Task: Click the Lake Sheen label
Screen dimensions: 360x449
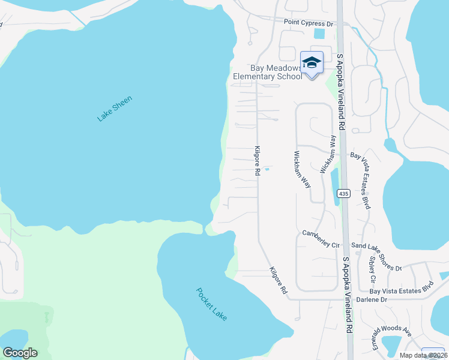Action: pos(114,109)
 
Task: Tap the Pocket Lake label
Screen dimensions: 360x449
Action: pos(212,304)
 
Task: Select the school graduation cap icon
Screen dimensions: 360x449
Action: pos(312,62)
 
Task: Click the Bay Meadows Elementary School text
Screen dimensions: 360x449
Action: pos(268,73)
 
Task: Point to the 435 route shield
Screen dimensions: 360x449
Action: pos(343,193)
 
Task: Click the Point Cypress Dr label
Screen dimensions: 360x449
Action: pos(308,23)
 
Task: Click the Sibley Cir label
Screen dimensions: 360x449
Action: pos(373,270)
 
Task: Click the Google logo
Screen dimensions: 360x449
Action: pos(20,353)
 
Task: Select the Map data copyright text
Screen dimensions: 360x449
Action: pos(423,355)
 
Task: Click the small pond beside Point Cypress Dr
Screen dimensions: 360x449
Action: pos(319,34)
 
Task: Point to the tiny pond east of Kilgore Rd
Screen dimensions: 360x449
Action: pos(267,169)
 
